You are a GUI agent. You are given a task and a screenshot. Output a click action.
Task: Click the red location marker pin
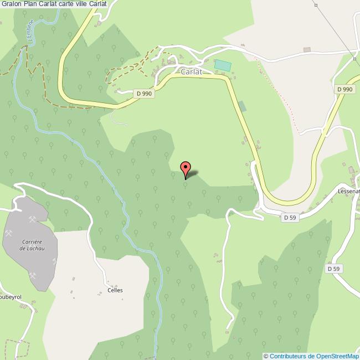point(186,168)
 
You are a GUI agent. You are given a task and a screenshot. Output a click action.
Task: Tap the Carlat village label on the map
point(191,71)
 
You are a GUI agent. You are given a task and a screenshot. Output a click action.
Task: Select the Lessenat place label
point(348,191)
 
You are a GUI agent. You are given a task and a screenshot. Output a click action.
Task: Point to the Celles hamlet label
point(115,290)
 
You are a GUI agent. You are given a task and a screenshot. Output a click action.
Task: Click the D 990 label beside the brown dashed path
point(144,94)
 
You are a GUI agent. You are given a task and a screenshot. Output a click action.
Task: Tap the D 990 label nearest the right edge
point(344,89)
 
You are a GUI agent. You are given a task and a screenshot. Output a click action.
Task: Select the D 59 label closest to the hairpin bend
point(290,218)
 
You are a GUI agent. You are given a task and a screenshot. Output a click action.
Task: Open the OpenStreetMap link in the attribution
point(333,356)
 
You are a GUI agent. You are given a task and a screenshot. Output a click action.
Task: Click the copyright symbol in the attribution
point(266,356)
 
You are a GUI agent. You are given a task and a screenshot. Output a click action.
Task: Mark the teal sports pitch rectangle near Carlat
point(223,65)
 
